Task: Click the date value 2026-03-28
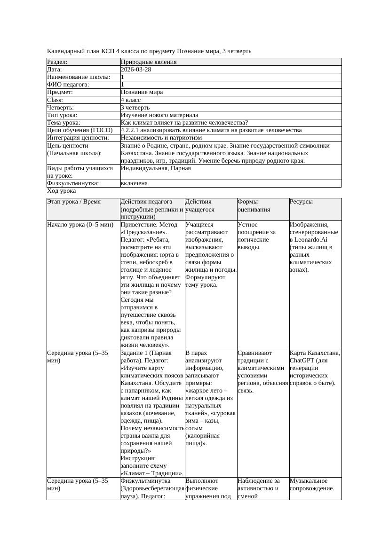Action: coord(136,69)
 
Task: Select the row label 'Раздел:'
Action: coord(57,62)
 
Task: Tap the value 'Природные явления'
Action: coord(149,62)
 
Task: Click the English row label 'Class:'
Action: coord(55,100)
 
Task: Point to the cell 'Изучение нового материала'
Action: coord(159,115)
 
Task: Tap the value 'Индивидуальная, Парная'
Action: coord(156,168)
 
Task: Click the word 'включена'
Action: coord(134,183)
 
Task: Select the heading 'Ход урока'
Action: coord(62,191)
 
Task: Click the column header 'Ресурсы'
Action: coord(301,202)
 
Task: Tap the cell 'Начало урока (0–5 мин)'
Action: coord(80,225)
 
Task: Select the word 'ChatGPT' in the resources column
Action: coord(303,361)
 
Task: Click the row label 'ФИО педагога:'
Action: coord(68,85)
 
